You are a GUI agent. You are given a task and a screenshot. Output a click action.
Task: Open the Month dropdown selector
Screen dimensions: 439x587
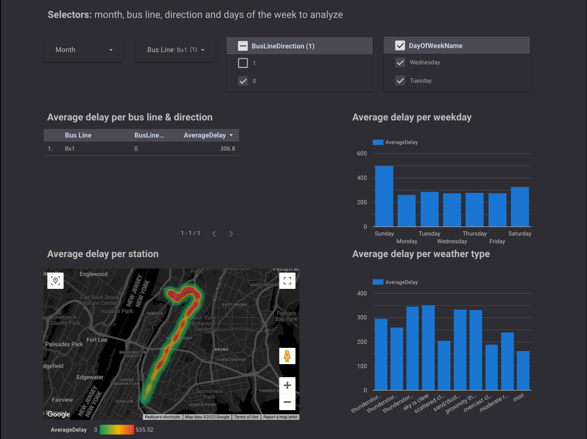pos(83,50)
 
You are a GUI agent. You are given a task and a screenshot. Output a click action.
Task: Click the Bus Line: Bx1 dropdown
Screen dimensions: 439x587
pos(175,50)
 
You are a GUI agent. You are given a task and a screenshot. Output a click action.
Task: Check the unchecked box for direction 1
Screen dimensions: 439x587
pos(243,63)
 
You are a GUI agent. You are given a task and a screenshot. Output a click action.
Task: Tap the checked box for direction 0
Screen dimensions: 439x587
pos(243,81)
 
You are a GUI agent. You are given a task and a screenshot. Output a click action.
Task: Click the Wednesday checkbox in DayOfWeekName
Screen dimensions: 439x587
pos(400,63)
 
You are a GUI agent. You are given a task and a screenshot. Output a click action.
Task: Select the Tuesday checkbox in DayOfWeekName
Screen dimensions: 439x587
pos(400,81)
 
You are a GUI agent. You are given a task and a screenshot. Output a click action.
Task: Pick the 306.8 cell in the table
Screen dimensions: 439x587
pos(227,149)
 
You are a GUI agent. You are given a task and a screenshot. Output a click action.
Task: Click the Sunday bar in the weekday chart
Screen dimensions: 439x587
pos(384,196)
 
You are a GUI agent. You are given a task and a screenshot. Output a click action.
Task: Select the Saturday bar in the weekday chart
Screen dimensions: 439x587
pos(519,207)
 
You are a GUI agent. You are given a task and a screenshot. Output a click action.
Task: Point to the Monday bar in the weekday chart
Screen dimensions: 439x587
pos(406,211)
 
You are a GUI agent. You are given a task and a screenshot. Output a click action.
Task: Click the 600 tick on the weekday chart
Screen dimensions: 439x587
pos(362,154)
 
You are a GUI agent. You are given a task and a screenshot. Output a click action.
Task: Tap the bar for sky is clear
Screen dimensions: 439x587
pos(428,348)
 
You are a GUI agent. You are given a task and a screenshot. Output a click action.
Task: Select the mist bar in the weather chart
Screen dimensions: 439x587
pos(523,371)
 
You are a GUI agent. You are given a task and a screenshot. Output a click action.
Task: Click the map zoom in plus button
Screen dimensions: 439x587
pos(287,385)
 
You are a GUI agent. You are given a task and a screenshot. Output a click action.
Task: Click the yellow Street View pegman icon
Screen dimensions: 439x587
pos(287,356)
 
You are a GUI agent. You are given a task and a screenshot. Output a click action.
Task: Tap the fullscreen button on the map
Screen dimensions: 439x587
pos(287,281)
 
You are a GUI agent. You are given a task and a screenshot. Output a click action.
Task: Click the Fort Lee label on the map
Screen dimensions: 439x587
pos(97,340)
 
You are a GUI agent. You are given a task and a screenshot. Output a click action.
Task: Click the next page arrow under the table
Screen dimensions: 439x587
pos(231,234)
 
